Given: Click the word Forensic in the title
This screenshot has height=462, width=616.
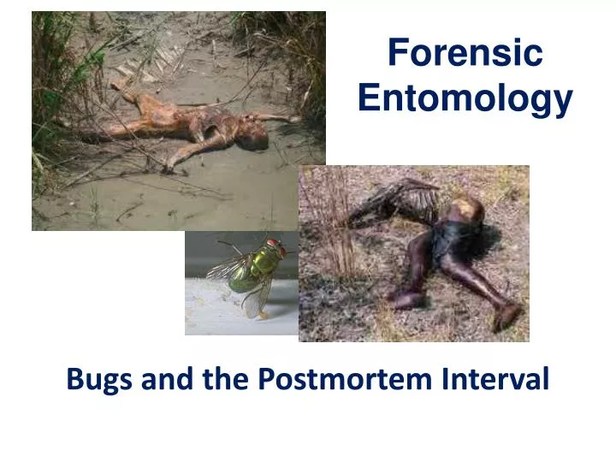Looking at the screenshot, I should click(465, 54).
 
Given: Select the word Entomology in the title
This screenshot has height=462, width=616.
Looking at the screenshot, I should click(465, 98).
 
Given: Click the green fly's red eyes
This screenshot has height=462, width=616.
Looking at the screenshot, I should click(273, 247).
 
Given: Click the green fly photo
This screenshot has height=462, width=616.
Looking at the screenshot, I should click(241, 282).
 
